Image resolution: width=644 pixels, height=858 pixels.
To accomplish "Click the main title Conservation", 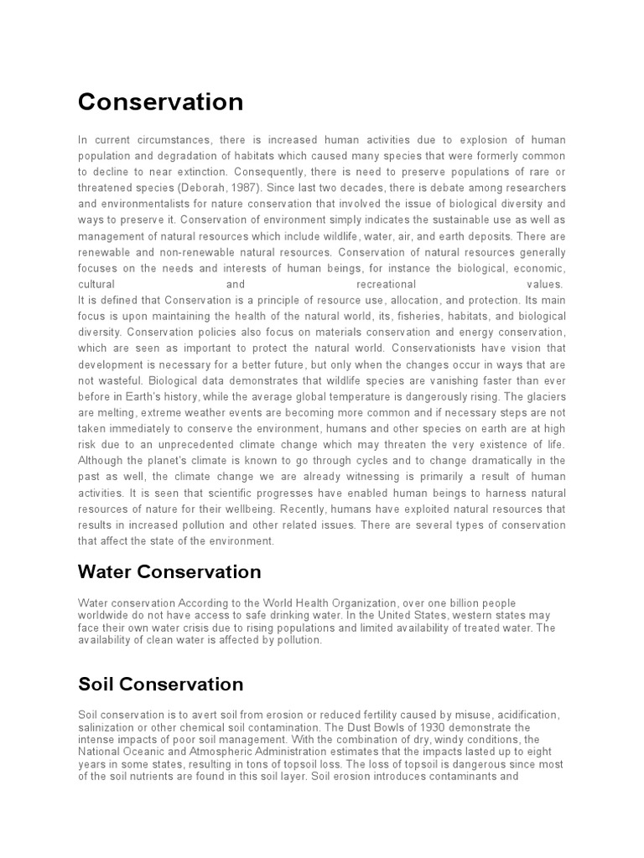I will (160, 102).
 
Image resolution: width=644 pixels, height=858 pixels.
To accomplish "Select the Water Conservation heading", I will (169, 572).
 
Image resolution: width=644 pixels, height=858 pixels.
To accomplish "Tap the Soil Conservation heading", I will (160, 685).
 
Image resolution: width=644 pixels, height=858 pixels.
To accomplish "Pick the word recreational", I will (387, 284).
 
